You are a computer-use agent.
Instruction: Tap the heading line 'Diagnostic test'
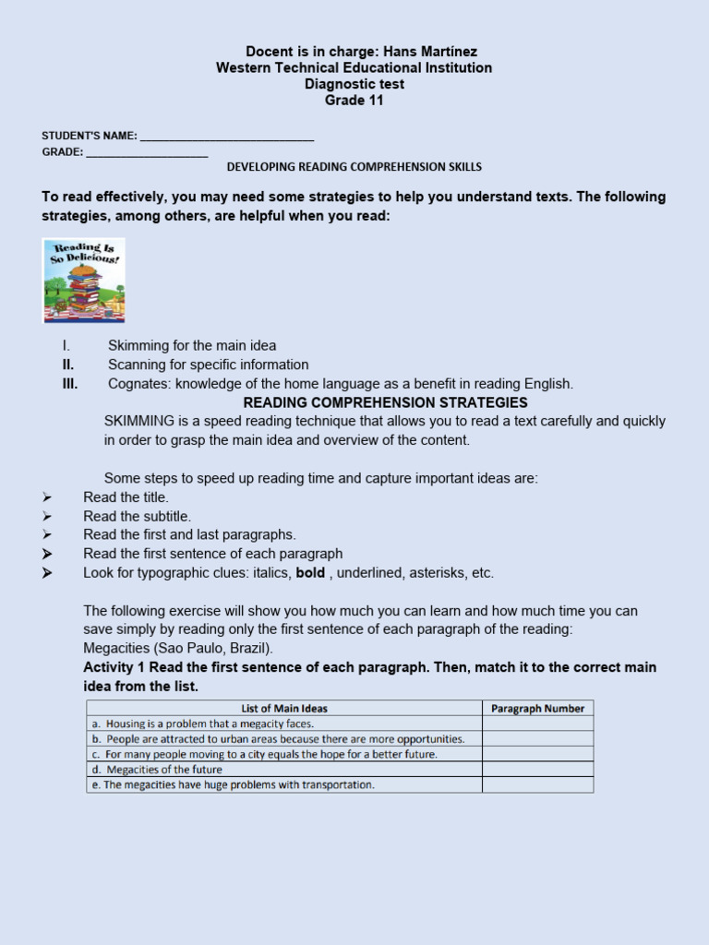pyautogui.click(x=354, y=84)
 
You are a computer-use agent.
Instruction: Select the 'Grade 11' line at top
pyautogui.click(x=354, y=101)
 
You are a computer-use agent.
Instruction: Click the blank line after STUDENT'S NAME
pyautogui.click(x=227, y=137)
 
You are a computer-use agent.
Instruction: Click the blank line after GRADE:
pyautogui.click(x=147, y=153)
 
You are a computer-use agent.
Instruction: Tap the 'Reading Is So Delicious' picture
pyautogui.click(x=84, y=280)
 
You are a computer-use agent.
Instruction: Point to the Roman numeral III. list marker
pyautogui.click(x=70, y=384)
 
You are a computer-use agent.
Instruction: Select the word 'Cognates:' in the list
pyautogui.click(x=139, y=384)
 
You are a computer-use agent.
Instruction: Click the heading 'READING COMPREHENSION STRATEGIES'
pyautogui.click(x=385, y=402)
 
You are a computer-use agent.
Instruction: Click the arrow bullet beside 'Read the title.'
pyautogui.click(x=47, y=497)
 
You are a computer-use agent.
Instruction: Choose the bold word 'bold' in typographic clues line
pyautogui.click(x=310, y=573)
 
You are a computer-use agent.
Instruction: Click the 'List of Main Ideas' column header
pyautogui.click(x=284, y=709)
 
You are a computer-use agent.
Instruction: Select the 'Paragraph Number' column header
pyautogui.click(x=537, y=709)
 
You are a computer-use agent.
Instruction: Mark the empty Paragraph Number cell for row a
pyautogui.click(x=537, y=724)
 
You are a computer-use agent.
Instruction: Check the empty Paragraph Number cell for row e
pyautogui.click(x=537, y=785)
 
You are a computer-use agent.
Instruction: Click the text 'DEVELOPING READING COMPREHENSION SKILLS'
pyautogui.click(x=354, y=167)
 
